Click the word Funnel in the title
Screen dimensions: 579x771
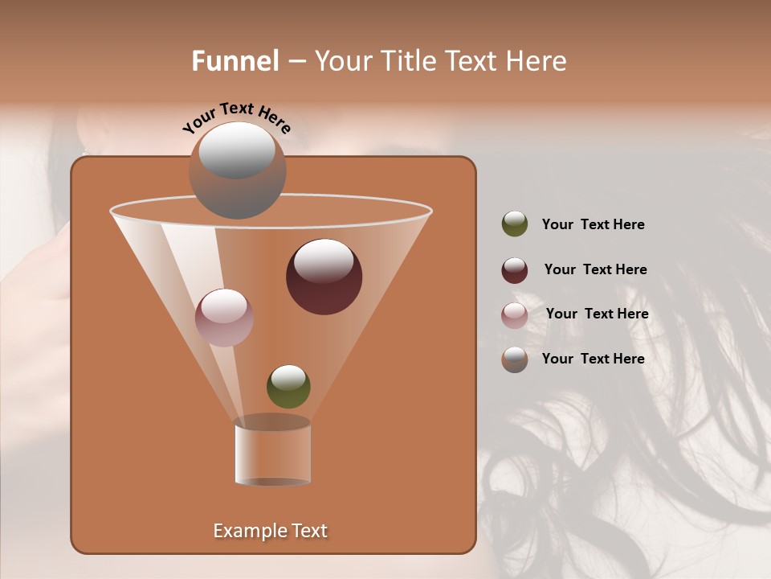coord(235,61)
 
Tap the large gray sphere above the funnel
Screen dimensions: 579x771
coord(238,170)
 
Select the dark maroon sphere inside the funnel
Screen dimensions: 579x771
coord(324,277)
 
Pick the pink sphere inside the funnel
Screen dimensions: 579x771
coord(224,318)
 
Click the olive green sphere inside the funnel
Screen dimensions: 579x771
coord(288,386)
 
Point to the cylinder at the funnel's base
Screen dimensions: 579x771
coord(273,454)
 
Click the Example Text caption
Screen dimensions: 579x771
coord(271,531)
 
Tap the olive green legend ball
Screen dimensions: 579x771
coord(515,224)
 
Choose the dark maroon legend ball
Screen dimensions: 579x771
coord(515,270)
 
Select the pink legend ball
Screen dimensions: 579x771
coord(515,315)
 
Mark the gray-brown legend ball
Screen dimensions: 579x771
coord(515,359)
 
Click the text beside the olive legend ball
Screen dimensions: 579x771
coord(593,225)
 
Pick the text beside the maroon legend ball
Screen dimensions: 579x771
coord(595,270)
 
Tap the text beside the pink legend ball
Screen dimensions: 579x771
coord(597,314)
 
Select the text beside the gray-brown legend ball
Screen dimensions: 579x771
coord(593,359)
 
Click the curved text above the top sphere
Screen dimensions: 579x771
coord(237,117)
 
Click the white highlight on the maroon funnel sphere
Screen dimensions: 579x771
coord(324,261)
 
